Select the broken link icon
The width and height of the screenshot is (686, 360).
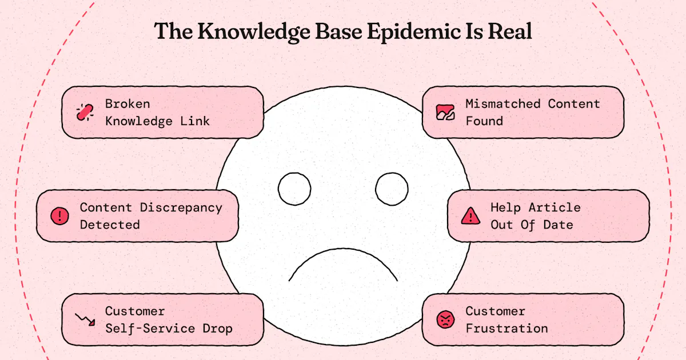[x=85, y=113]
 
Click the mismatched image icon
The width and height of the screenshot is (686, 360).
[x=445, y=113]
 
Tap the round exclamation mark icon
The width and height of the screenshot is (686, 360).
[x=59, y=216]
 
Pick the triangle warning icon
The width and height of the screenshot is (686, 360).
[x=470, y=216]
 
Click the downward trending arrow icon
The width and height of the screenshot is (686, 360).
[x=85, y=319]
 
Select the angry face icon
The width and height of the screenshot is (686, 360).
[x=445, y=319]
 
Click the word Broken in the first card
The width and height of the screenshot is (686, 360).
[x=127, y=104]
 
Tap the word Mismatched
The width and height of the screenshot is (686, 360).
[x=503, y=104]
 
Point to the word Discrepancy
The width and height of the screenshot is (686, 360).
[x=181, y=208]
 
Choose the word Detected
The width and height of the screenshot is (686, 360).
[x=110, y=225]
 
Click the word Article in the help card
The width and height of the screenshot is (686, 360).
[x=555, y=207]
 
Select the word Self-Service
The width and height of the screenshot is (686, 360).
[x=150, y=329]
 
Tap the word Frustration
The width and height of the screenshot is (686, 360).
[x=507, y=329]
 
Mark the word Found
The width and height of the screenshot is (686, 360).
[x=484, y=121]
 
